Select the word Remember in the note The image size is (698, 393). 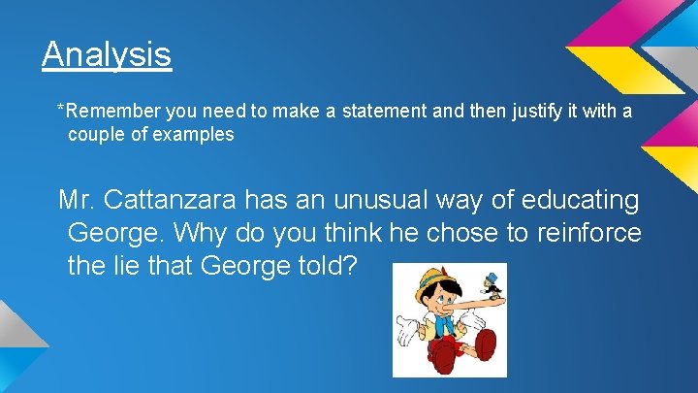click(x=107, y=112)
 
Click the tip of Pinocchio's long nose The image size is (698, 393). click(x=493, y=300)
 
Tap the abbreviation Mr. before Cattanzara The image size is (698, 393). click(x=77, y=201)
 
